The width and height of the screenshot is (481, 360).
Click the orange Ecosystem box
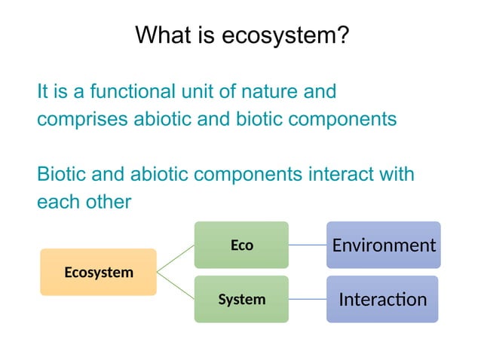coord(98,272)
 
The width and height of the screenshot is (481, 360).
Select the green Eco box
coord(241,245)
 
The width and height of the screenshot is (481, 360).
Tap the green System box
coord(241,299)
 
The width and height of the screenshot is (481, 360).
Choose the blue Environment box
coord(383,245)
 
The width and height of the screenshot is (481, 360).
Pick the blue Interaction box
coord(383,299)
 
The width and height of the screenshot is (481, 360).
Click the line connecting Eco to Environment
coord(307,245)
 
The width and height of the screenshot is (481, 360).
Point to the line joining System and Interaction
coord(307,299)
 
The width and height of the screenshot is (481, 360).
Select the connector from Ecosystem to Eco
coord(175,258)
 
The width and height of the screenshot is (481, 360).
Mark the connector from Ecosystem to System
coord(175,285)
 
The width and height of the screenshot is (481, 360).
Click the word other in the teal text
coord(107,202)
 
